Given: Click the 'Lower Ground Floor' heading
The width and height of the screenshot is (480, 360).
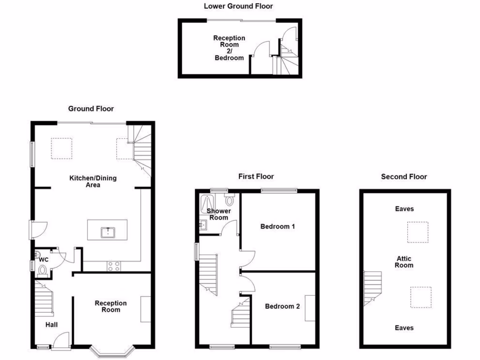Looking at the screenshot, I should tap(238, 6).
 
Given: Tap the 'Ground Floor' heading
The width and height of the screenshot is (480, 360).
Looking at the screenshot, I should tap(91, 109).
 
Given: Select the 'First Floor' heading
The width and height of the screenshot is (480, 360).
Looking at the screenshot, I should tap(256, 177).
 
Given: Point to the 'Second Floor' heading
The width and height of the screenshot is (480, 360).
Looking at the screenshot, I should tap(404, 177).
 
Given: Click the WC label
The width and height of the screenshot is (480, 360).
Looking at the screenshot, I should tap(44, 259).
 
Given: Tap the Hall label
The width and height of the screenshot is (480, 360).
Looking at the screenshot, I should tap(52, 324).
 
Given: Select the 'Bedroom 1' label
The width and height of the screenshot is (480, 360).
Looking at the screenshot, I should tap(277, 226).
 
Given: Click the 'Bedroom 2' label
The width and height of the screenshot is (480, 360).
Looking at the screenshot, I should tap(282, 307).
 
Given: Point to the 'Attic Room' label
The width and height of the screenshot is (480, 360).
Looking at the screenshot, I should tap(404, 262).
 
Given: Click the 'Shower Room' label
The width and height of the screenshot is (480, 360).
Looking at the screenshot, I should tap(218, 214).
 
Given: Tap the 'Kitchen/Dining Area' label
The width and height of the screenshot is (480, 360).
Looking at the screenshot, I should tap(93, 181).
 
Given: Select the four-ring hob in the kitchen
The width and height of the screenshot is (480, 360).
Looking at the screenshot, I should tap(113, 266).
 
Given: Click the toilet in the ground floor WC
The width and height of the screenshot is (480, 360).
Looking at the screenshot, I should tap(42, 270).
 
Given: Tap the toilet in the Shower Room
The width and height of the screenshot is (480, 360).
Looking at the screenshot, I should tap(229, 200).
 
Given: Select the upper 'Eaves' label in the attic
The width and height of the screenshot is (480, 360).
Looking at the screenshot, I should tap(404, 209).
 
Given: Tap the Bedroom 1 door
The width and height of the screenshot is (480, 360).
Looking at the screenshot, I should tap(248, 258).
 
